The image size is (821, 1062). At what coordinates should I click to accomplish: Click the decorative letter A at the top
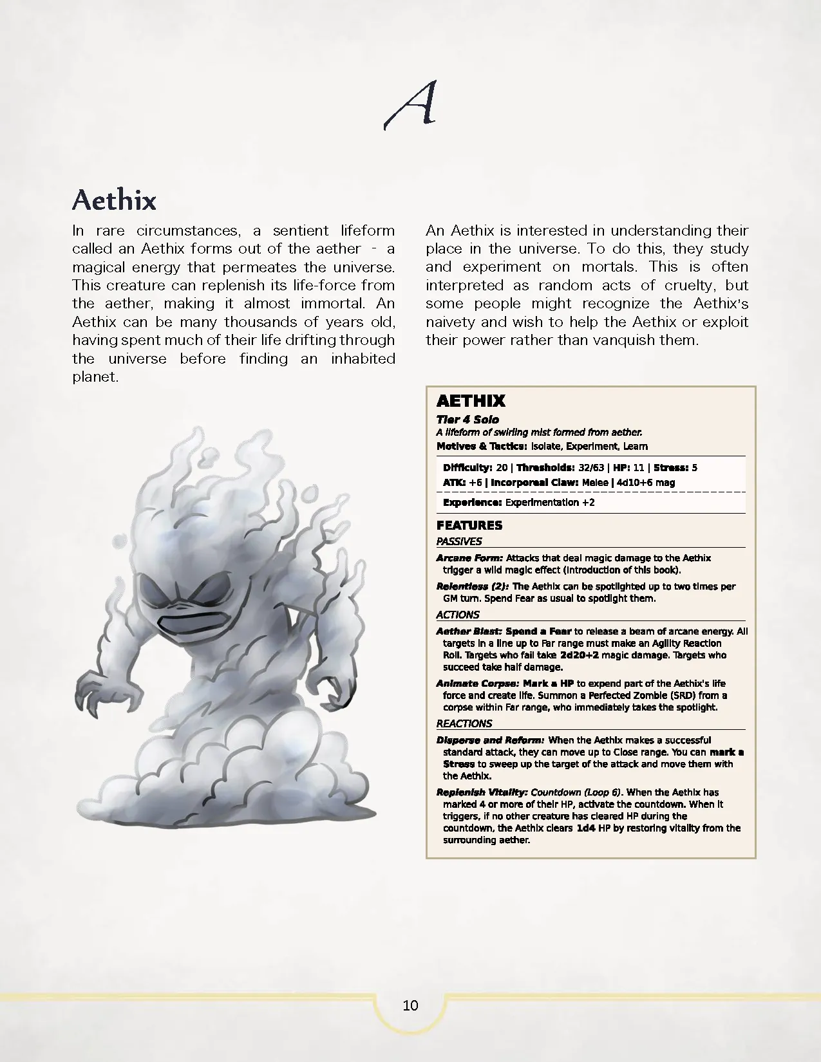click(411, 104)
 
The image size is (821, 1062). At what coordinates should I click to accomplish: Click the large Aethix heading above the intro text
click(114, 200)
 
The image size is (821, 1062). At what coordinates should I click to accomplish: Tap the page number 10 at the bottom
click(410, 1005)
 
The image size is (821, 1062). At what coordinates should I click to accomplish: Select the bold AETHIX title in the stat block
click(471, 401)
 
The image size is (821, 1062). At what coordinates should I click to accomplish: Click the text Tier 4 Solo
click(467, 420)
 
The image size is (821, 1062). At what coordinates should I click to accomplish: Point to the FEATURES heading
click(469, 525)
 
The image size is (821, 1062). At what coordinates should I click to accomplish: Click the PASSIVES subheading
click(459, 541)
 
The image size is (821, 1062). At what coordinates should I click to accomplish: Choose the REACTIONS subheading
click(464, 723)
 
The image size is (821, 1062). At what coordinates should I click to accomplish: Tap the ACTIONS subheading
click(458, 615)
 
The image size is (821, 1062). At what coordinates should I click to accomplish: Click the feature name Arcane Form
click(469, 558)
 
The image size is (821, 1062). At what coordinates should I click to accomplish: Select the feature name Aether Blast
click(469, 631)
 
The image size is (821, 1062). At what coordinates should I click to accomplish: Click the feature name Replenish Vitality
click(482, 792)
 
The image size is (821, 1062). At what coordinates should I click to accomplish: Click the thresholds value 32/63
click(591, 468)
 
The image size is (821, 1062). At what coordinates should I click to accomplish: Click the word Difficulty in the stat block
click(467, 468)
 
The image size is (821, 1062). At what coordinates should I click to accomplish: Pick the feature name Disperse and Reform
click(490, 740)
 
